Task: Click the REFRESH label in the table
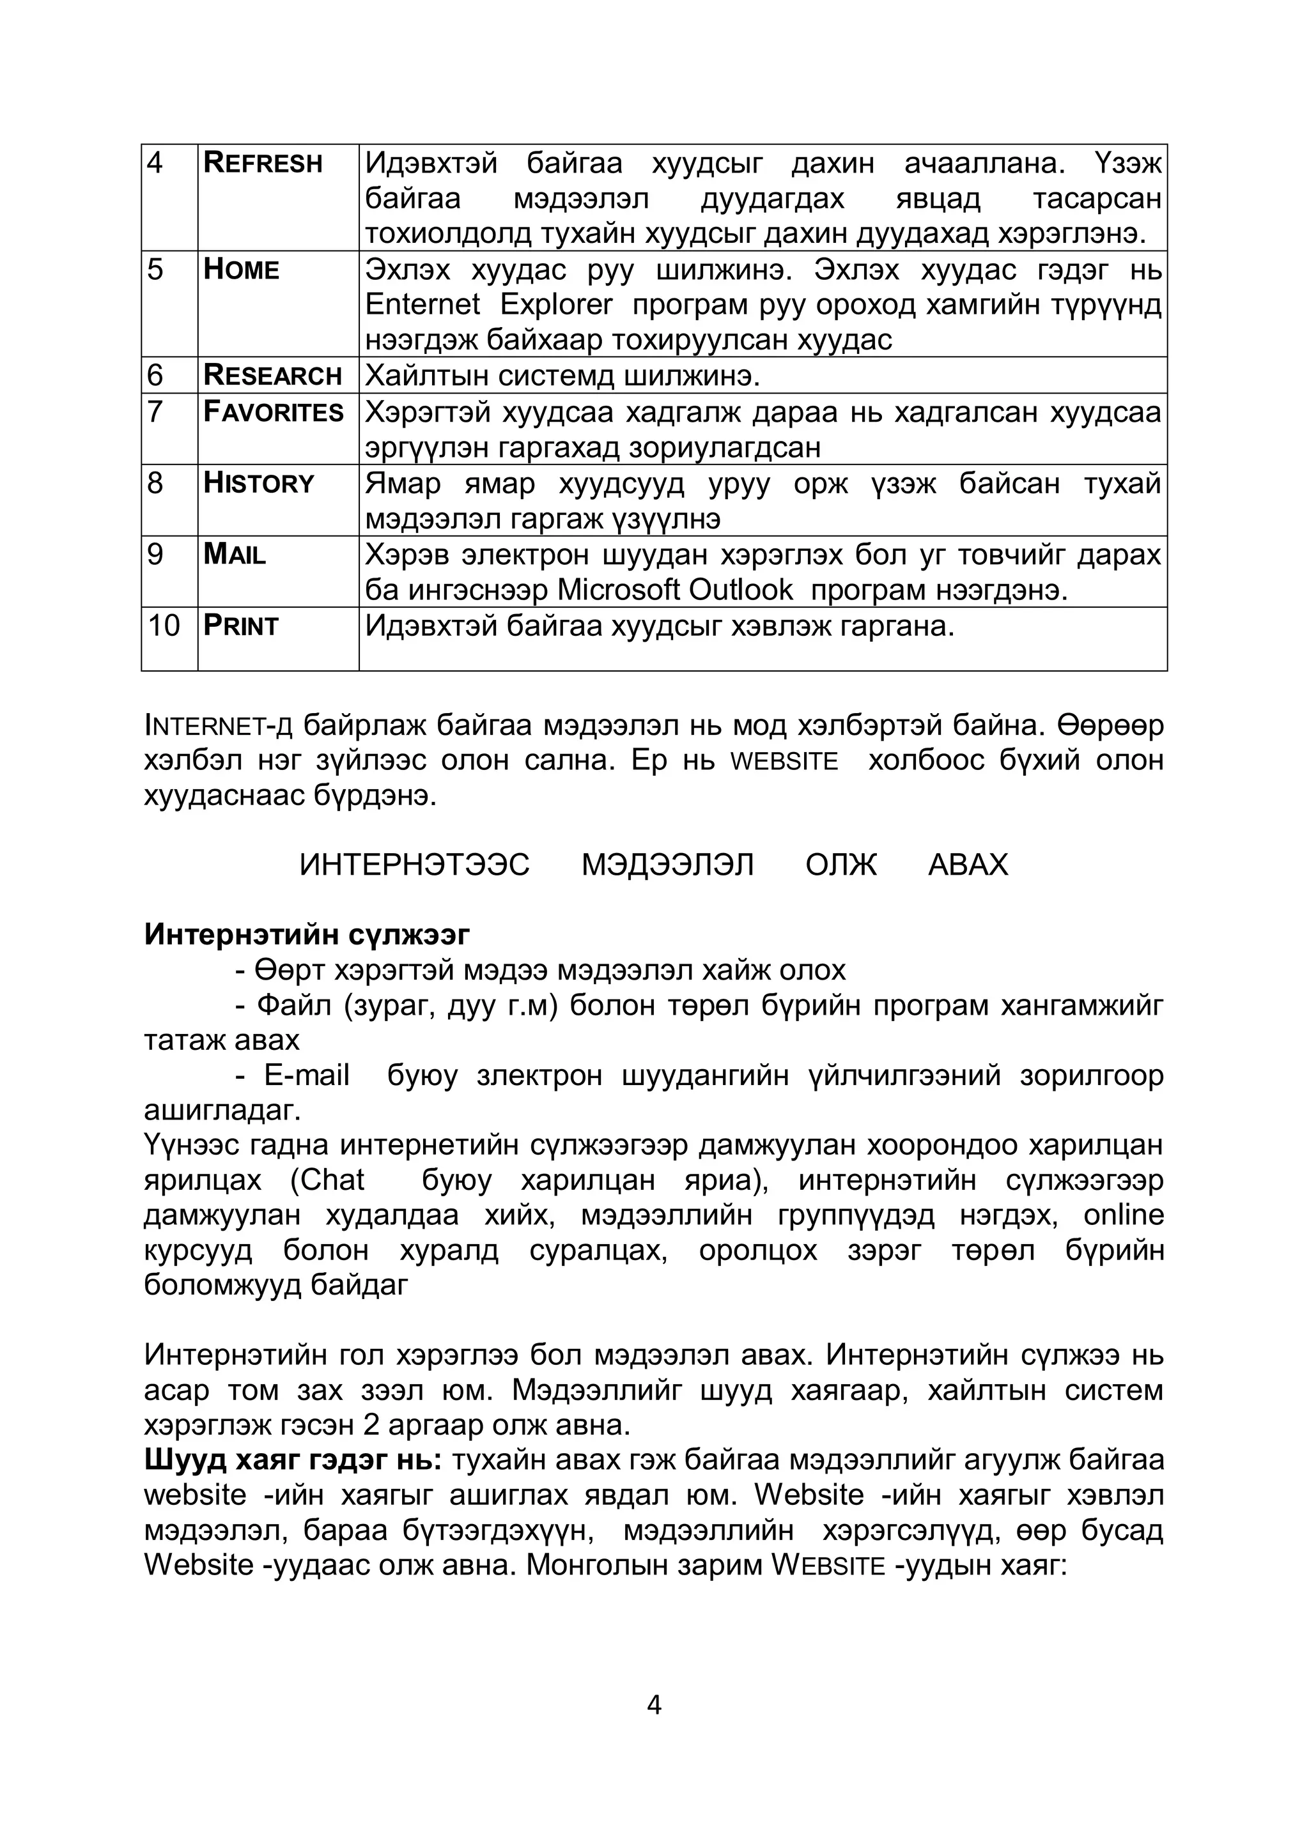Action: (263, 163)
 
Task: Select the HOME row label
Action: (241, 269)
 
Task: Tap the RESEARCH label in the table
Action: (272, 376)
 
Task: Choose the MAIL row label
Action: (235, 555)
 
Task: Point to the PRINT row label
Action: (240, 626)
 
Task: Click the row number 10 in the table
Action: (164, 626)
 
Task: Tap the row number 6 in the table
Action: (155, 376)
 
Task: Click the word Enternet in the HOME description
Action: (422, 305)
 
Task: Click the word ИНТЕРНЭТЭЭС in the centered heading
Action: (414, 865)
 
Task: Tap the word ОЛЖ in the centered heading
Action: (840, 865)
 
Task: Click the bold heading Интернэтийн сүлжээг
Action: (307, 934)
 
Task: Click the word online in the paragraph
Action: (1124, 1215)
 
